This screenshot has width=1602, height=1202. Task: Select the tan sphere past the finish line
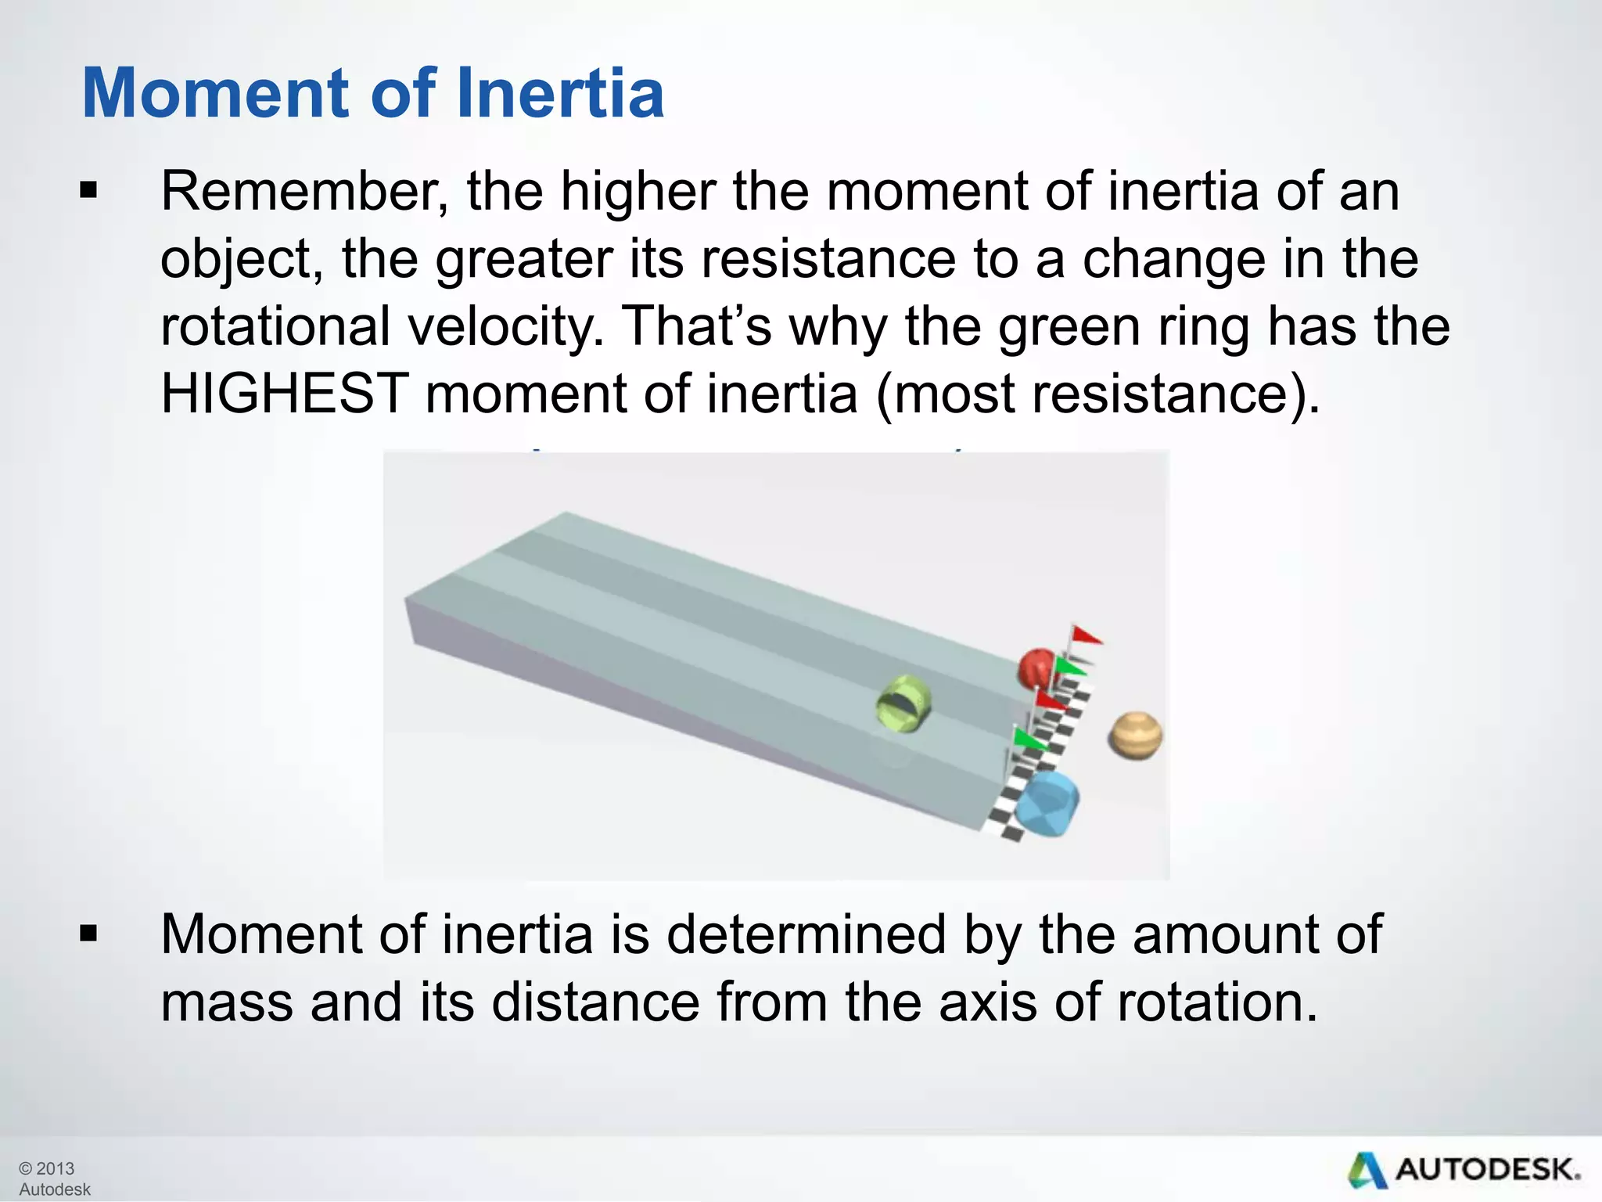coord(1135,735)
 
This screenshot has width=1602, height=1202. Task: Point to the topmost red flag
coord(1086,635)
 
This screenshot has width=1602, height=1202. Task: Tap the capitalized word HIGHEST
coord(285,393)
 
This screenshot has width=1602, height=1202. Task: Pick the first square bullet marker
coord(89,191)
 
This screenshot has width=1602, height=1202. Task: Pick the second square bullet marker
coord(89,934)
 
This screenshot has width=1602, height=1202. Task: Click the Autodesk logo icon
coord(1367,1171)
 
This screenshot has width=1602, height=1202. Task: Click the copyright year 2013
coord(55,1168)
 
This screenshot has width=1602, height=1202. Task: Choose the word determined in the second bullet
coord(806,934)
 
